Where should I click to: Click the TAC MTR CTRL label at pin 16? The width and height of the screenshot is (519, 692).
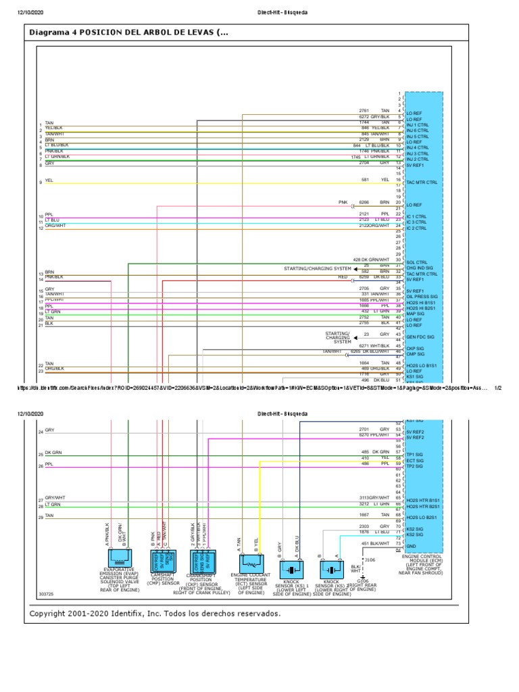[x=422, y=182]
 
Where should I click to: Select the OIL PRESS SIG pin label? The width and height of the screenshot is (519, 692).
[x=422, y=296]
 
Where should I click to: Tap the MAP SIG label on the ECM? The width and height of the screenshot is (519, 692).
[x=415, y=313]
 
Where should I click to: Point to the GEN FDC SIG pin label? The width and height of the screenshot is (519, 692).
[x=420, y=336]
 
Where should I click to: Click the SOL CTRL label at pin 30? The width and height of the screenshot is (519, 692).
[x=416, y=262]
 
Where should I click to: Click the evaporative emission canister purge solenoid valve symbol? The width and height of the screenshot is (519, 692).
[x=118, y=557]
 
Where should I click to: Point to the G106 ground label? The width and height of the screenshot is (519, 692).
[x=363, y=580]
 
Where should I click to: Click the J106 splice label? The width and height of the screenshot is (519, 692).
[x=370, y=560]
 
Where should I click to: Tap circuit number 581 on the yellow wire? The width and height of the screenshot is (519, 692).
[x=365, y=180]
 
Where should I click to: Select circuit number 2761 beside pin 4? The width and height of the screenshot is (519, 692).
[x=364, y=110]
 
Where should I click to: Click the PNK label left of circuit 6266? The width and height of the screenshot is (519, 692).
[x=343, y=202]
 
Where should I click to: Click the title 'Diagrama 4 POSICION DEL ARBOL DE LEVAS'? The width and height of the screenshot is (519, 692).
[x=128, y=32]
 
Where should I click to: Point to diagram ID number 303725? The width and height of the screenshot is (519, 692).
[x=47, y=595]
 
